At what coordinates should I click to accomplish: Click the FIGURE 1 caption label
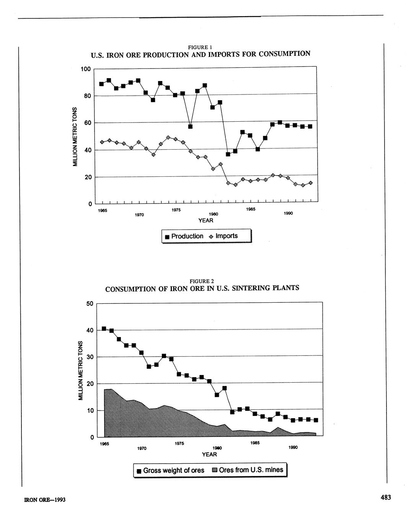pyautogui.click(x=201, y=47)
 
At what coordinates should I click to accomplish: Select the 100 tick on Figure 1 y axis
pyautogui.click(x=85, y=69)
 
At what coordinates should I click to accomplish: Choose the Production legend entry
pyautogui.click(x=184, y=236)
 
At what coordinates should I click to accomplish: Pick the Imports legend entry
pyautogui.click(x=223, y=236)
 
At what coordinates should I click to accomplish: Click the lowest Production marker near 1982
pyautogui.click(x=228, y=154)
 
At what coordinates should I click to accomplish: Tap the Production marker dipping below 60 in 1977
pyautogui.click(x=190, y=126)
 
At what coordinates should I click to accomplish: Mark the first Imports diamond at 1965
pyautogui.click(x=102, y=142)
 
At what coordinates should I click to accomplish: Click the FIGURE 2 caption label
pyautogui.click(x=202, y=281)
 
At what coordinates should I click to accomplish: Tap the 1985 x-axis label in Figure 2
pyautogui.click(x=255, y=443)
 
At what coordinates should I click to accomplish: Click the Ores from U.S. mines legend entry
pyautogui.click(x=248, y=470)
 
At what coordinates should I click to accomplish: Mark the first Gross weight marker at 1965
pyautogui.click(x=104, y=329)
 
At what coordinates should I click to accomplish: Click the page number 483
pyautogui.click(x=385, y=497)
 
